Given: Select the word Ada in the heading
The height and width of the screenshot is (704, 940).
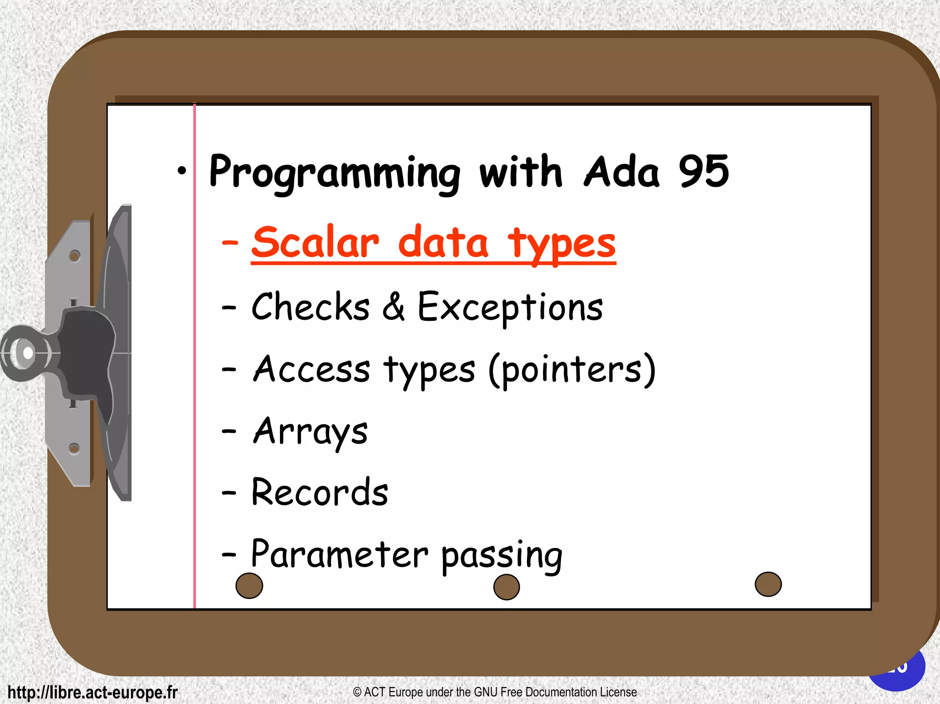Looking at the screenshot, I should coord(621,172).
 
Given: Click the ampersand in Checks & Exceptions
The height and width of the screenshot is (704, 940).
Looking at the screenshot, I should coord(393,306).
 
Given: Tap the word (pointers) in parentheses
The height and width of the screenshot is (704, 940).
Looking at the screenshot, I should coord(572,370).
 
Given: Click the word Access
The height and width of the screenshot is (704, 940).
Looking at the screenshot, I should coord(312,369).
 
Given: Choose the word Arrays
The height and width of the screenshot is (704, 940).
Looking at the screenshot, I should coord(311,432).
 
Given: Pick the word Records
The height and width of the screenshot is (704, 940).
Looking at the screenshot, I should coord(319,492).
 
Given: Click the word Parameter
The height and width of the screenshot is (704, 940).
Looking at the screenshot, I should coord(339,554).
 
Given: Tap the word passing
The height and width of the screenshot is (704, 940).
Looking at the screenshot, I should coord(502,556).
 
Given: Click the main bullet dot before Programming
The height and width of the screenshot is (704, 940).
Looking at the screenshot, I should coord(182,171).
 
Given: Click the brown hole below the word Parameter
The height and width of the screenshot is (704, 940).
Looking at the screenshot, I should coord(249,586).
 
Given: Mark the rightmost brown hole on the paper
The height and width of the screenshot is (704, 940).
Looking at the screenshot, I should coord(768,584).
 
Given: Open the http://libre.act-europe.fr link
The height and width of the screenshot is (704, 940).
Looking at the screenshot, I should coord(92,692).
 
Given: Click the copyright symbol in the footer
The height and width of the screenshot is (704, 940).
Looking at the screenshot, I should coord(357,692).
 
